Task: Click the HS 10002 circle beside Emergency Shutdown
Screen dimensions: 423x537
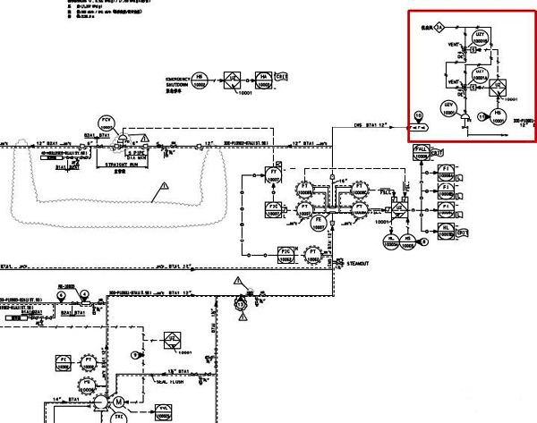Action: (200, 79)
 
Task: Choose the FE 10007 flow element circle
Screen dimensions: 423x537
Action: (318, 222)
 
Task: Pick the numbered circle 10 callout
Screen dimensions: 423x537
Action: (418, 116)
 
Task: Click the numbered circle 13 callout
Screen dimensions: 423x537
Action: (241, 304)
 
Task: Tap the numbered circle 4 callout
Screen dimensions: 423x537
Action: (84, 293)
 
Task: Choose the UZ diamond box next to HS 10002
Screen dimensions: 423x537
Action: (232, 79)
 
